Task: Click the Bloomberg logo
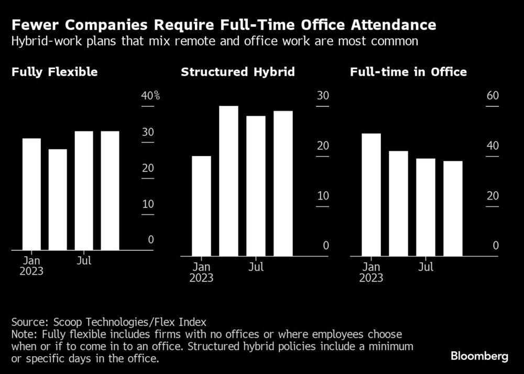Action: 479,356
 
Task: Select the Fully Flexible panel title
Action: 54,72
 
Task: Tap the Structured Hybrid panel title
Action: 237,72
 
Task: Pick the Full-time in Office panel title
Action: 408,72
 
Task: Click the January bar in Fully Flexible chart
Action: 31,194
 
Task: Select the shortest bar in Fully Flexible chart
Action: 58,200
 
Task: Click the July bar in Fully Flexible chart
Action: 84,191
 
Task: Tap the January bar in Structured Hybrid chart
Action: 201,206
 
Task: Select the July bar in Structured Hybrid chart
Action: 256,186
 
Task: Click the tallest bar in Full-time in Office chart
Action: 372,194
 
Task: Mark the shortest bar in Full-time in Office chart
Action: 453,208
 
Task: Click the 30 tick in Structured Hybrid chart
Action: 323,96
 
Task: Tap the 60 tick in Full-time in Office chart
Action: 493,96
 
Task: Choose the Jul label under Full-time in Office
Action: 426,267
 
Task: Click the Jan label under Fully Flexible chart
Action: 31,261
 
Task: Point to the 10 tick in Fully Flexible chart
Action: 148,204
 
